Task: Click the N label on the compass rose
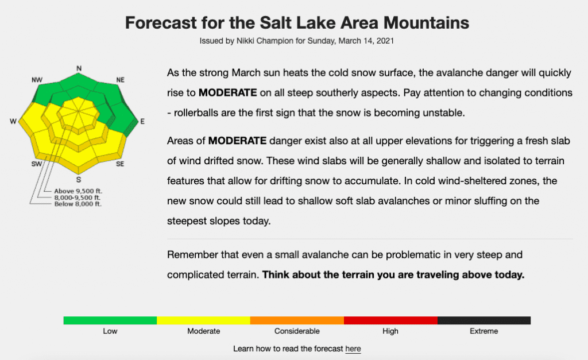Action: pyautogui.click(x=79, y=68)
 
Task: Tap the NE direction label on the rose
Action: pyautogui.click(x=120, y=80)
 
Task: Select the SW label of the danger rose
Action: pyautogui.click(x=36, y=164)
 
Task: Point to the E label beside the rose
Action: pyautogui.click(x=142, y=121)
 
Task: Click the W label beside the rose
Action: pyautogui.click(x=13, y=121)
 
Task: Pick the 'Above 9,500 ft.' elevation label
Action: pyautogui.click(x=78, y=191)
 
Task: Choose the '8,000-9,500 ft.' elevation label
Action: pyautogui.click(x=78, y=198)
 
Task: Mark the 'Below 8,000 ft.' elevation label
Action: pyautogui.click(x=78, y=204)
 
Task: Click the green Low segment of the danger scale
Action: pyautogui.click(x=110, y=320)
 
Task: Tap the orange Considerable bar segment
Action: pyautogui.click(x=297, y=320)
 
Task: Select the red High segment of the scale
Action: pyautogui.click(x=390, y=320)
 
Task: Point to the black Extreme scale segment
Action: pyautogui.click(x=483, y=320)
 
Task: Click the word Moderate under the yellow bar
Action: pyautogui.click(x=204, y=331)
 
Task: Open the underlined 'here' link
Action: pyautogui.click(x=353, y=349)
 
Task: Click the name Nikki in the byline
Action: pyautogui.click(x=245, y=41)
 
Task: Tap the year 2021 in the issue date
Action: pyautogui.click(x=385, y=41)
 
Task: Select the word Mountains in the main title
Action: pyautogui.click(x=426, y=23)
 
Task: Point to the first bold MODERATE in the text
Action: pyautogui.click(x=227, y=92)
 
